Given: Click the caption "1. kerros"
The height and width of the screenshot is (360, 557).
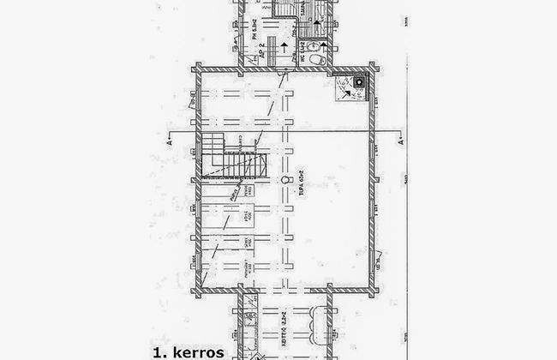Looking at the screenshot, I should [x=188, y=351].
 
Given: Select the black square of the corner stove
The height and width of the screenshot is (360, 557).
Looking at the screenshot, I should [x=357, y=81].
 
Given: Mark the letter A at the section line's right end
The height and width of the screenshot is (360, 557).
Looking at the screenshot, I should [x=401, y=142].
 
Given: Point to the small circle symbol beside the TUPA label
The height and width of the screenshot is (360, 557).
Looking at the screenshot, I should [x=287, y=181].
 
